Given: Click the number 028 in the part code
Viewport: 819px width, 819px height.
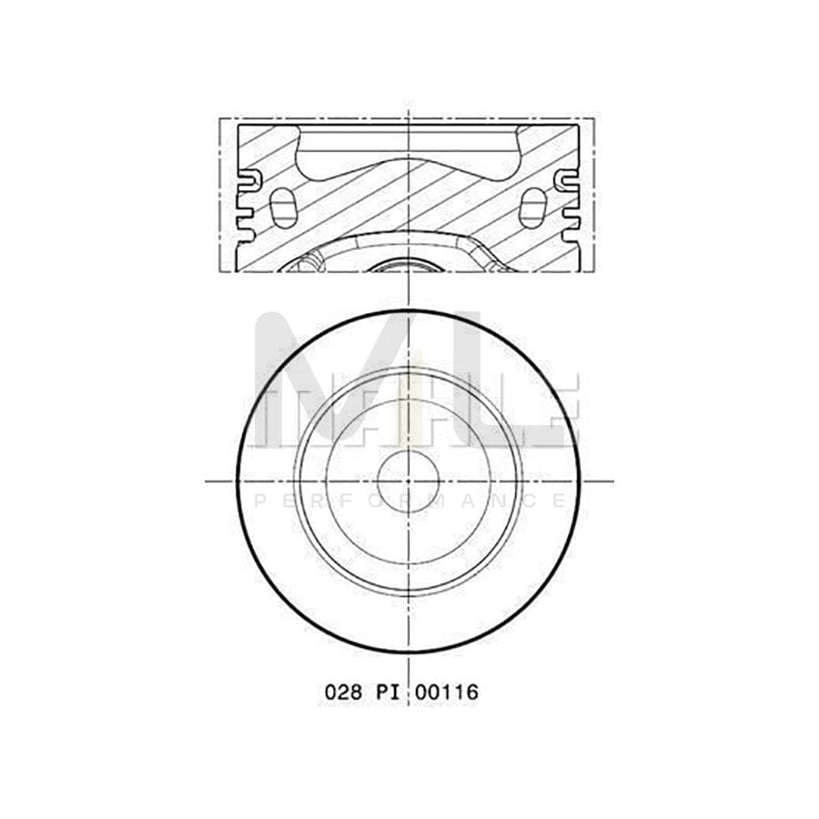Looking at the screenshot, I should click(x=343, y=693).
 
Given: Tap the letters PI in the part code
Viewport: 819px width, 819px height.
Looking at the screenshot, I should click(x=386, y=693).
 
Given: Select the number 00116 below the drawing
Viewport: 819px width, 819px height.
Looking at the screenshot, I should click(x=445, y=693).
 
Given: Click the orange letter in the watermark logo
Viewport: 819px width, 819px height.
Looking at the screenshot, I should click(x=409, y=400).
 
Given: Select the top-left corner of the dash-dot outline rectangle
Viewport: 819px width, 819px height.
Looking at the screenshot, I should click(x=219, y=118).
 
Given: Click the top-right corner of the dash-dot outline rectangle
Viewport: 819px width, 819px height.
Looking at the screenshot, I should click(x=596, y=118).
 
